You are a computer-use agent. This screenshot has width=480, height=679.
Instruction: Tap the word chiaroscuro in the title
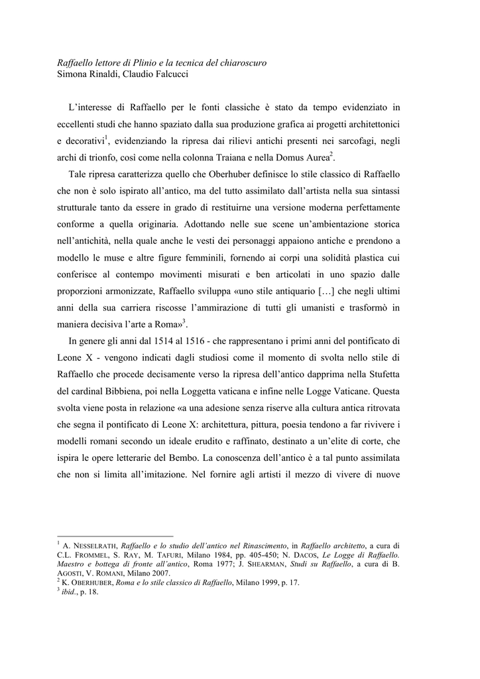239,62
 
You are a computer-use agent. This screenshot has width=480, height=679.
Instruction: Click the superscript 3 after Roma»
184,322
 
